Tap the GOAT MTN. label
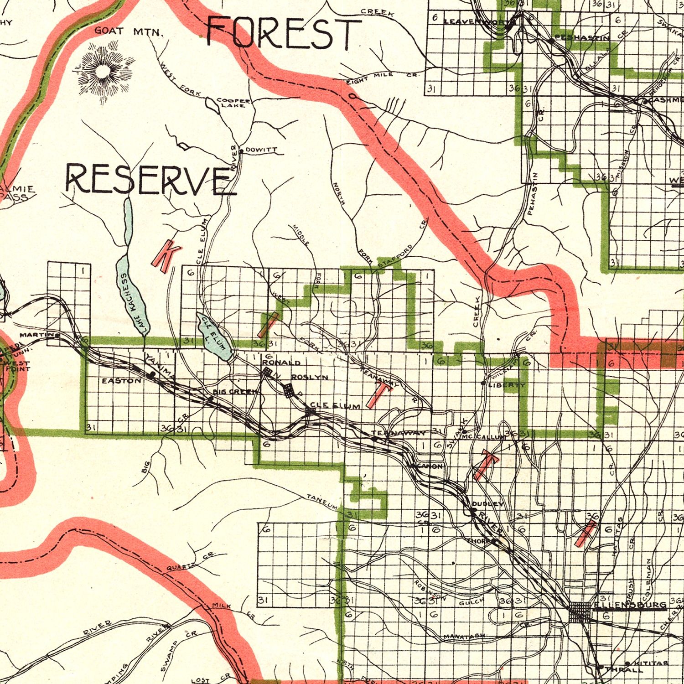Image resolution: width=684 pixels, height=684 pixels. click(129, 31)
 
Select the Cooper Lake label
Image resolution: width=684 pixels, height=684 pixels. click(233, 103)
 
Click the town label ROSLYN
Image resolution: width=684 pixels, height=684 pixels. click(309, 377)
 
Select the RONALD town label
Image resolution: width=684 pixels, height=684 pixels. click(281, 363)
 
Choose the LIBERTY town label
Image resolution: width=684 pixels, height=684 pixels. click(507, 385)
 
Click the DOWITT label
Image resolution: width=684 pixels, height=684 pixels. click(261, 150)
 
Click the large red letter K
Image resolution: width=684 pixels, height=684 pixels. click(165, 256)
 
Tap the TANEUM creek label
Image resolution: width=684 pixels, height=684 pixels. click(321, 502)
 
